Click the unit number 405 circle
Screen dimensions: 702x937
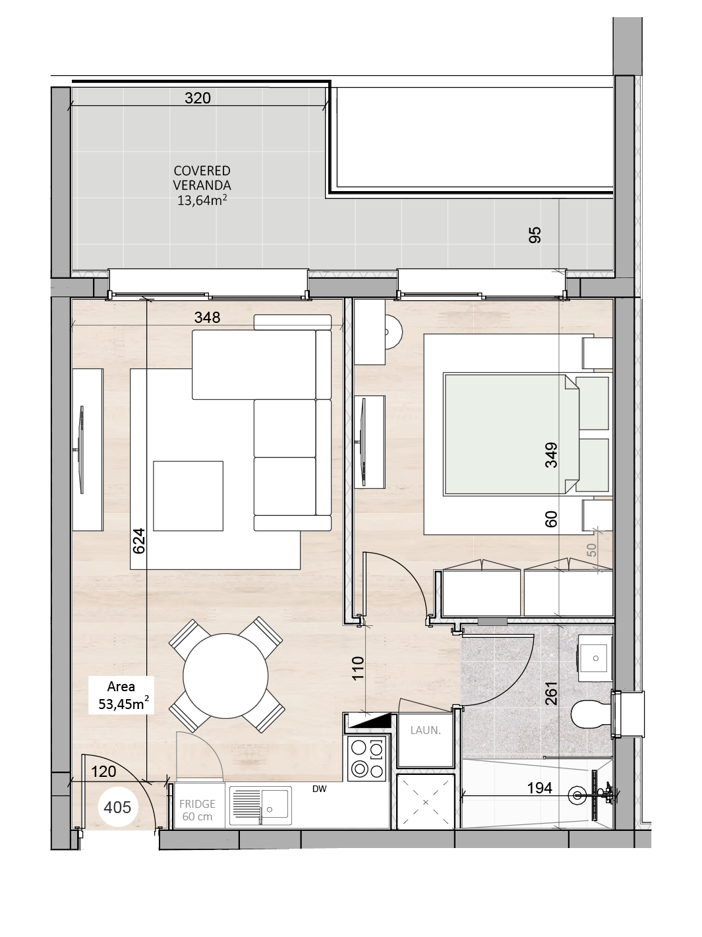click(117, 807)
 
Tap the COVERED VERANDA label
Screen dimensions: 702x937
click(202, 178)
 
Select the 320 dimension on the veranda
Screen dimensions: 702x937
click(198, 98)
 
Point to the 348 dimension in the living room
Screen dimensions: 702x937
click(207, 317)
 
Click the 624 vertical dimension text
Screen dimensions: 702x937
click(139, 541)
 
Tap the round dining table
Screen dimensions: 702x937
click(225, 676)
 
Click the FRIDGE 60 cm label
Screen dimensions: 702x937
click(197, 810)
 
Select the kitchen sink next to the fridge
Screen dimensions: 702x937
click(260, 806)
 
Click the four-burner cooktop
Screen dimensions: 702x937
click(366, 758)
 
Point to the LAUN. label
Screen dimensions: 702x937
click(425, 730)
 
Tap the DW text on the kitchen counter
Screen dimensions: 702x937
click(320, 789)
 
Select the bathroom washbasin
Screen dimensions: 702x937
click(595, 658)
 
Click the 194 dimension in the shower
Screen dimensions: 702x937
click(540, 788)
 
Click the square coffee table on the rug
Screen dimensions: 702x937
click(189, 496)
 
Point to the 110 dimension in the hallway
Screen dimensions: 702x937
click(358, 668)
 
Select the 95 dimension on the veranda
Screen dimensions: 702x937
click(535, 235)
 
